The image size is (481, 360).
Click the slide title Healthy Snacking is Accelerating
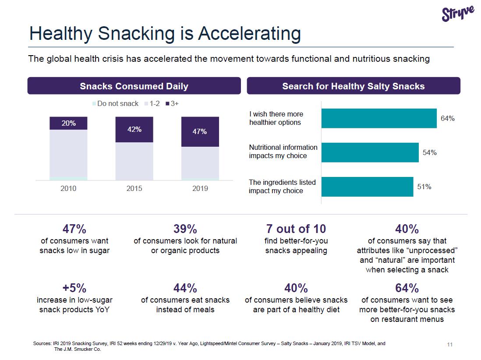(165, 34)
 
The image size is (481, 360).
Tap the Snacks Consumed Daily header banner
(134, 86)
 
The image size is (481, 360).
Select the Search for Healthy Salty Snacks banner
(353, 86)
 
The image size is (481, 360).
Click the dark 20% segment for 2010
(68, 123)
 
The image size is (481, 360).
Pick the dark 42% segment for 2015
(134, 129)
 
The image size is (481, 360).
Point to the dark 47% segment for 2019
(200, 131)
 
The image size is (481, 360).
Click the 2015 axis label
(134, 188)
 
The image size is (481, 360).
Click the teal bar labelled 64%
(379, 118)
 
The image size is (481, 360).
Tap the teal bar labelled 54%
(370, 152)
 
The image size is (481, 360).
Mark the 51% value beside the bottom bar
(424, 187)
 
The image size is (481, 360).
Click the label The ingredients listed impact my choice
(282, 186)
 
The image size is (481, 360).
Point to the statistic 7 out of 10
(296, 229)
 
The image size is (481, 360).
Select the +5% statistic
(74, 288)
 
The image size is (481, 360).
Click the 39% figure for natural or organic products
(185, 229)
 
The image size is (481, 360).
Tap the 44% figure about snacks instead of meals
(185, 288)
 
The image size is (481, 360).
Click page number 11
(449, 345)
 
